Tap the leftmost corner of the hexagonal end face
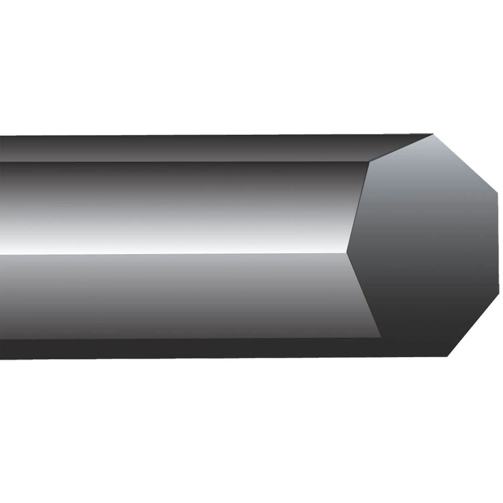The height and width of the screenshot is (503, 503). pyautogui.click(x=347, y=252)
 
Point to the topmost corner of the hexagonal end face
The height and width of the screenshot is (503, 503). pyautogui.click(x=434, y=134)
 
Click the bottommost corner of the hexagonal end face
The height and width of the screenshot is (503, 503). pyautogui.click(x=448, y=356)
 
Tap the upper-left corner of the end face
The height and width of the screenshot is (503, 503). pyautogui.click(x=369, y=162)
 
